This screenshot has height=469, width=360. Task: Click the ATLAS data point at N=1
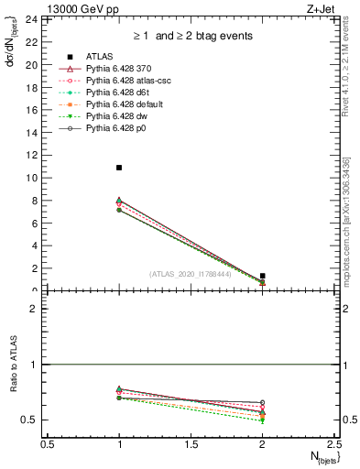119,168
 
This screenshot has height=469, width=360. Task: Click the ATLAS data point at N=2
262,276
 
